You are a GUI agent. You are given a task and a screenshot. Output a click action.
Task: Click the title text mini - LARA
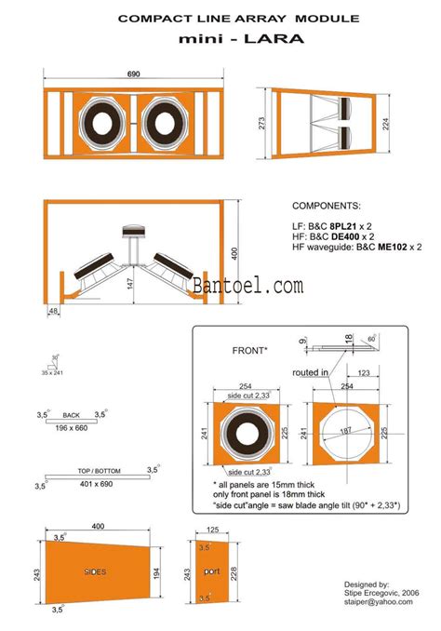coord(220,40)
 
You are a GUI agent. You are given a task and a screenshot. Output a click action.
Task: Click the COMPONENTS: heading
coord(327,205)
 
